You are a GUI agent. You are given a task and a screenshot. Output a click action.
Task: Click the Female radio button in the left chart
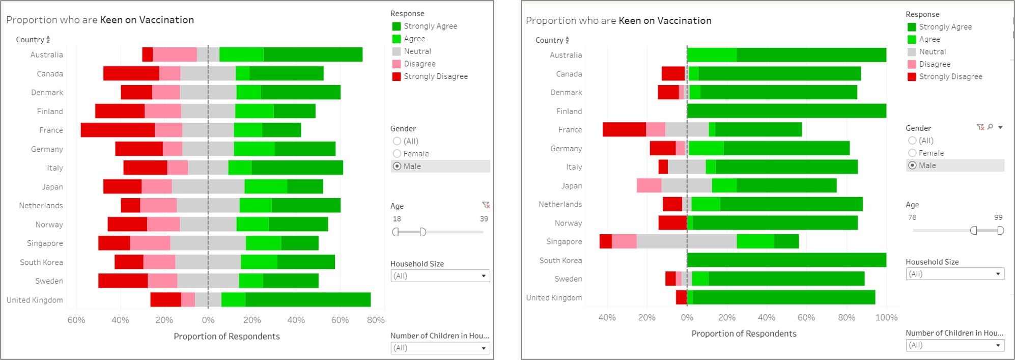(397, 154)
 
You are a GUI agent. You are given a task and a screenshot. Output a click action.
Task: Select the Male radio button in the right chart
(912, 165)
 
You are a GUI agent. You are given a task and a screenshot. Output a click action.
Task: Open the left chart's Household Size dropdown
(440, 276)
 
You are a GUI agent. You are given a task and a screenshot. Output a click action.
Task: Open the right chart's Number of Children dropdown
(955, 345)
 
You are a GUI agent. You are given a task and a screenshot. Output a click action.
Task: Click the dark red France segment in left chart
(118, 130)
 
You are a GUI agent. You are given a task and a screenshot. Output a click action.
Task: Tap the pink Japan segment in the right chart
(649, 186)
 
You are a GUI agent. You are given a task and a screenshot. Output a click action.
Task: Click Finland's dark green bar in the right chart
(786, 111)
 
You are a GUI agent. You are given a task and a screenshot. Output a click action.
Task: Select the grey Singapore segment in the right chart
(686, 241)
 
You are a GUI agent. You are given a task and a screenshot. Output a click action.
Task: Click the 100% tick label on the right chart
(886, 318)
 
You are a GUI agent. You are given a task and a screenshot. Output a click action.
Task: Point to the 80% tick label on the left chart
(376, 320)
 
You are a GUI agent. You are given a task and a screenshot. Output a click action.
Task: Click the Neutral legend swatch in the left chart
(397, 51)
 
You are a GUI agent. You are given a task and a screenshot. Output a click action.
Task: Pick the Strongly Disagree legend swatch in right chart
(912, 77)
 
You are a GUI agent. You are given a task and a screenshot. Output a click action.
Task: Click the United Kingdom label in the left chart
(35, 300)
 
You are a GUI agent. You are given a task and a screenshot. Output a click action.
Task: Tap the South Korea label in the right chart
(560, 260)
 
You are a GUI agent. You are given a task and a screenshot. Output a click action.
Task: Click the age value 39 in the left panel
(484, 219)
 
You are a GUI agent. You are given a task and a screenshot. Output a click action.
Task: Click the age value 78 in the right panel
(912, 217)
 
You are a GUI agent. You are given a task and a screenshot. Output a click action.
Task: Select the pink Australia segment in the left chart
(175, 54)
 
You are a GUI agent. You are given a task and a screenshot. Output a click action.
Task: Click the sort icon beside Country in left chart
(48, 40)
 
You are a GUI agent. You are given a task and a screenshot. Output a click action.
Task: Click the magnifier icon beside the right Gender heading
(990, 127)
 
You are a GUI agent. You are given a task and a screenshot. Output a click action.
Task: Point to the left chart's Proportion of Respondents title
(227, 337)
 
